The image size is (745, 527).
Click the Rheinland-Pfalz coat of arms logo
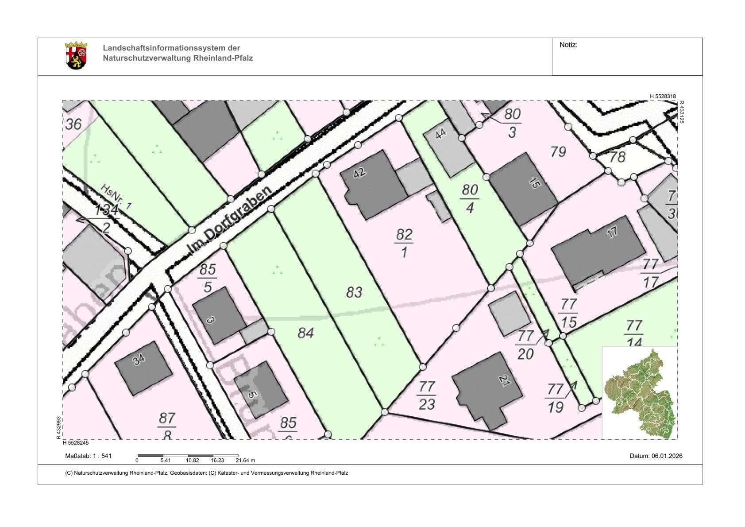point(76,56)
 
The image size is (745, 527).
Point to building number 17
point(598,250)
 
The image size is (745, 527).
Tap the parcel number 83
point(354,292)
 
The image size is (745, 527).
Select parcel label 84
point(305,333)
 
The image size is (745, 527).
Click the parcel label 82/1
point(404,243)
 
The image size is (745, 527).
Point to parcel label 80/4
point(470,198)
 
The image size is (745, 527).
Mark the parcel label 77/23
point(427,395)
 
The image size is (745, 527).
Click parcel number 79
point(558,152)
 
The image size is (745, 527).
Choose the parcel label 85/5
point(207,278)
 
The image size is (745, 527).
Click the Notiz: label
point(568,45)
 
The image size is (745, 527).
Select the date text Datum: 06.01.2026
point(656,456)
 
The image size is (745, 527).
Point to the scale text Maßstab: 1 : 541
point(89,456)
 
